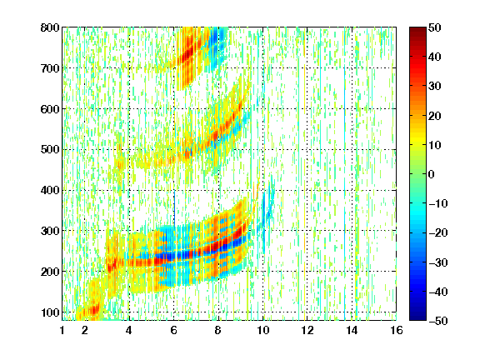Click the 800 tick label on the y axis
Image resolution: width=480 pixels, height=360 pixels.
point(50,27)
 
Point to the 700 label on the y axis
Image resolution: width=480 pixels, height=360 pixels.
point(50,68)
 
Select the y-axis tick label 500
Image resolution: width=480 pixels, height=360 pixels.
point(50,150)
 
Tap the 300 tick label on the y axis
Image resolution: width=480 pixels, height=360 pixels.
point(50,231)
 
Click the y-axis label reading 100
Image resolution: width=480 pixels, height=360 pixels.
point(50,312)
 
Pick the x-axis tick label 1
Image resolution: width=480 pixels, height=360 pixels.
point(62,330)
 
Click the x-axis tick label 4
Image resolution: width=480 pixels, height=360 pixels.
point(129,330)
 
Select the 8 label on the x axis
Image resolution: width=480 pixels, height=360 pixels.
point(218,330)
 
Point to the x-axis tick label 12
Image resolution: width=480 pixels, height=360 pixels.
point(307,330)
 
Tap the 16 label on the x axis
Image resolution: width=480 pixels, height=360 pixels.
point(397,330)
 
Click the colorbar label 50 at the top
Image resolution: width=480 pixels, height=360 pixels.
point(435,27)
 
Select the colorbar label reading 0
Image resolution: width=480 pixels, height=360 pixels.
point(432,174)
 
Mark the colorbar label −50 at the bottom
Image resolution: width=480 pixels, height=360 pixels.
point(438,321)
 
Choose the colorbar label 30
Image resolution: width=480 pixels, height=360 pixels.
point(435,87)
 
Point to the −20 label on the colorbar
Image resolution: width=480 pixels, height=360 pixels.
point(438,232)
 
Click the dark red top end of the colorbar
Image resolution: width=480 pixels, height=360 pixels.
point(417,29)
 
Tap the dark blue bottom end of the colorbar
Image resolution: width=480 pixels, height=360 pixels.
point(417,318)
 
